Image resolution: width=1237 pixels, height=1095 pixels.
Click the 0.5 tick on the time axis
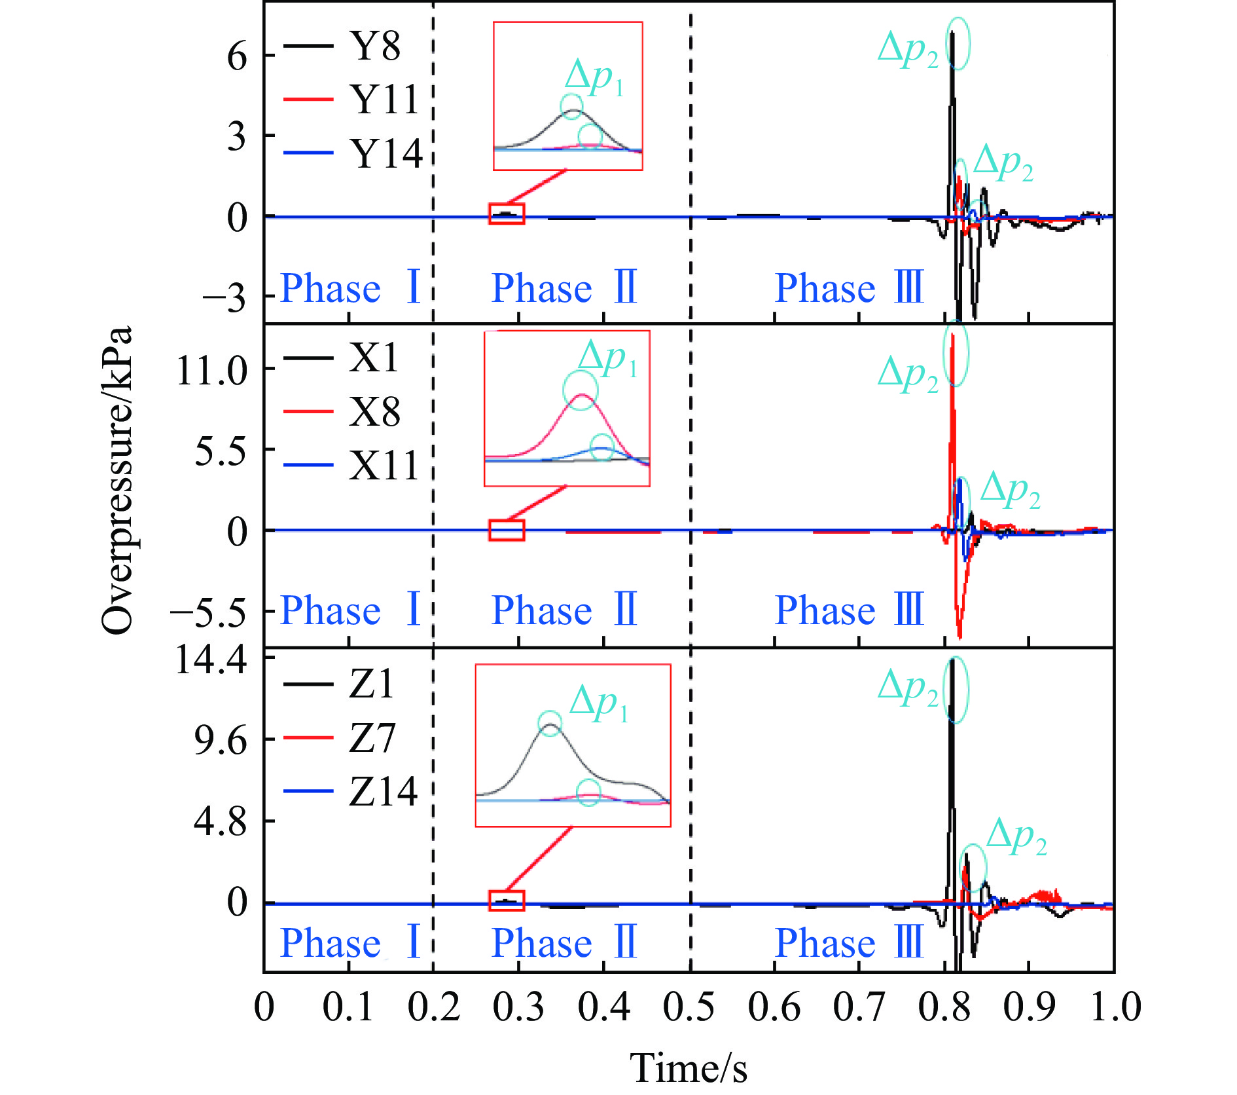(x=689, y=1007)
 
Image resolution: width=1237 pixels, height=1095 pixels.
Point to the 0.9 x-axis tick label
(x=1029, y=1007)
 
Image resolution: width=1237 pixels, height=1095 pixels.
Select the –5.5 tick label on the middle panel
(x=208, y=612)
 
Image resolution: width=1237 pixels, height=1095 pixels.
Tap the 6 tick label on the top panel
(x=237, y=57)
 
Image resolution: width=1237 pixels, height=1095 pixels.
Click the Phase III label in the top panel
(x=849, y=288)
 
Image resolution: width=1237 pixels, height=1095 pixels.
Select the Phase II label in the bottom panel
(x=564, y=942)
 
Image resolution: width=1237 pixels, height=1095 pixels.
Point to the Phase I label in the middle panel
(x=350, y=610)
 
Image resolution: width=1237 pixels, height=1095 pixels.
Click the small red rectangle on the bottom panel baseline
(x=507, y=900)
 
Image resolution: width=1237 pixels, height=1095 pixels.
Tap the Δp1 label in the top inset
(x=594, y=77)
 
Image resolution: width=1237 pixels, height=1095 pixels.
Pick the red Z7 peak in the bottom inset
(x=589, y=795)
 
